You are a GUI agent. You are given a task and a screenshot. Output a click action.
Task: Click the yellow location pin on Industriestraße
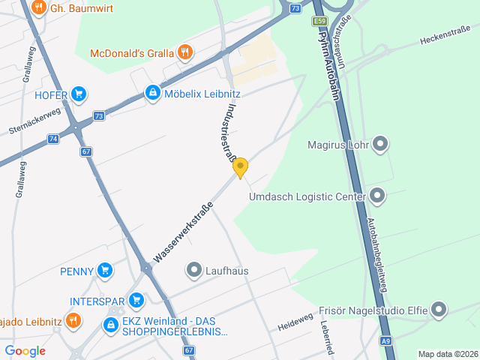coord(240,166)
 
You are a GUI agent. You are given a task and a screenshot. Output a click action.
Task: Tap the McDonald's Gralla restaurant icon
coord(185,52)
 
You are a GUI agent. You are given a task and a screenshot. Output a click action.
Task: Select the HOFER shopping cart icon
coord(79,94)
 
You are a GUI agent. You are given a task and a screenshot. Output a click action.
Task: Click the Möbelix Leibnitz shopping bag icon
coord(152,93)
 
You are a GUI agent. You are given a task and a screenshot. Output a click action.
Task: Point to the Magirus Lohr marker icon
coord(380,143)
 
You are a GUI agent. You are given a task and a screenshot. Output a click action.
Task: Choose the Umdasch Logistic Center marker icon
coord(377,196)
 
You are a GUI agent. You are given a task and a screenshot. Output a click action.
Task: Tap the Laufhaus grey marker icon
coord(194,270)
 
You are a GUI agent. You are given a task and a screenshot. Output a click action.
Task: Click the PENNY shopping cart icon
coord(105,271)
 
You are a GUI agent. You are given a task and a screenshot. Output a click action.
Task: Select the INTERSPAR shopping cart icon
coord(136,301)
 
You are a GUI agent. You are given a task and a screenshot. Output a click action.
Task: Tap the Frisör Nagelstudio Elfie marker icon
coord(439,309)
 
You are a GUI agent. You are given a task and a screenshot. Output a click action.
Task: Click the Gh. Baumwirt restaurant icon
coord(39,9)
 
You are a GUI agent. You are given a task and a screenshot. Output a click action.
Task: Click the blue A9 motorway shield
coord(385,341)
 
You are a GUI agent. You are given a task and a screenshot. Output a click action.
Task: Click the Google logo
coord(25,350)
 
